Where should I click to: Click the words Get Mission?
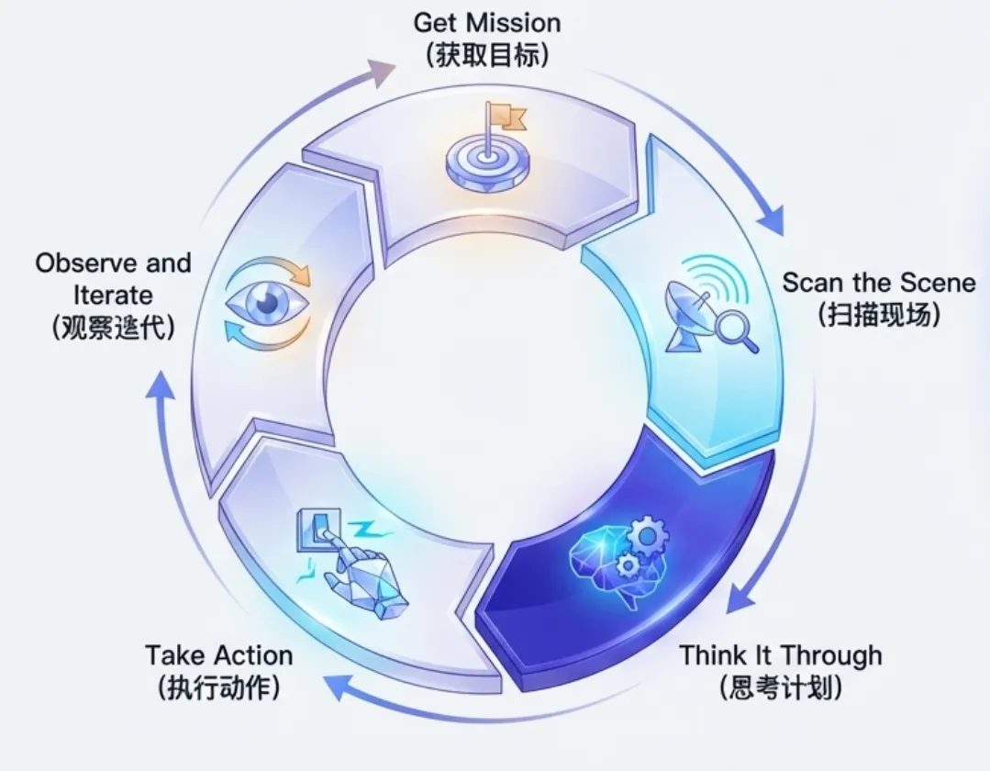487,21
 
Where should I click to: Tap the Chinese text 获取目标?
487,53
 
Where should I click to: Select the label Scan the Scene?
878,282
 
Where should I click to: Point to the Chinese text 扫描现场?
878,314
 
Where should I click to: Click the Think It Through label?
780,655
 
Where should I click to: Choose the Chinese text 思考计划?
780,687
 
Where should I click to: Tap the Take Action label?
218,655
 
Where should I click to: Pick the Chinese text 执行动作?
218,687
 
